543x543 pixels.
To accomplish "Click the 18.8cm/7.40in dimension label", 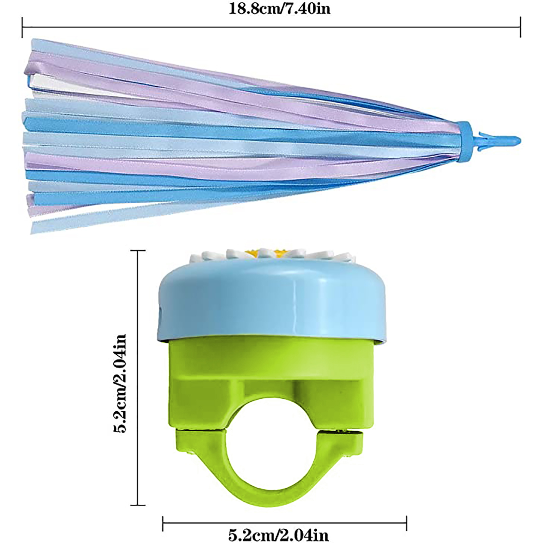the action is [279, 8].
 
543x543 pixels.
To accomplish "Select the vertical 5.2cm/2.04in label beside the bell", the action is [120, 383].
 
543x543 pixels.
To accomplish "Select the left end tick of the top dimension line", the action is [22, 27].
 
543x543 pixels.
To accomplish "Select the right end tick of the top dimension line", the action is [520, 27].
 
